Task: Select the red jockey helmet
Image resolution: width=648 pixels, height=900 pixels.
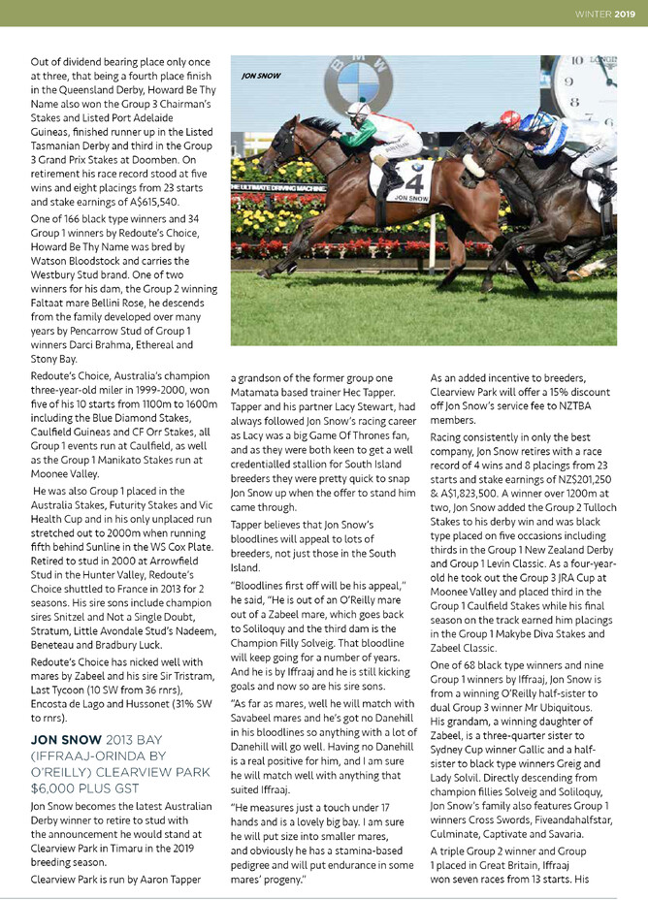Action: click(507, 117)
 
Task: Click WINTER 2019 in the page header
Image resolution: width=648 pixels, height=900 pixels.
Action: click(606, 14)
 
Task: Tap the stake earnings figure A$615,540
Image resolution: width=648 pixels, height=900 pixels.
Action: click(146, 202)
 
